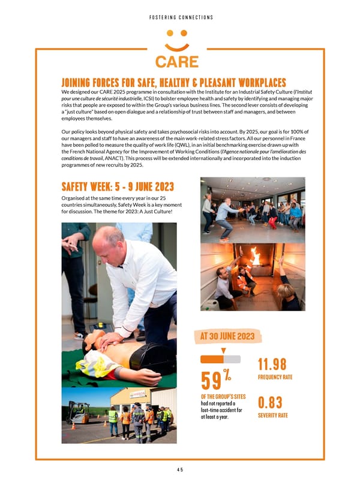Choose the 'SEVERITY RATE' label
point(273,415)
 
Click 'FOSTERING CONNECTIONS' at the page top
point(180,17)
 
